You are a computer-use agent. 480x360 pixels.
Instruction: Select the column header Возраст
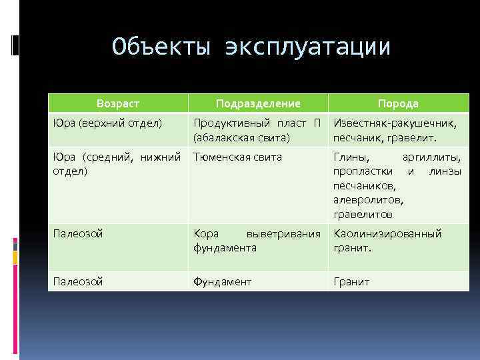[118, 103]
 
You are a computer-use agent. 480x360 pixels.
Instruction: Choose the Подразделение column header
[258, 103]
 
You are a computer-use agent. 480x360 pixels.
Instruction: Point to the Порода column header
[398, 103]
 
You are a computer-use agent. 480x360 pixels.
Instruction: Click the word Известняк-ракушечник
[395, 123]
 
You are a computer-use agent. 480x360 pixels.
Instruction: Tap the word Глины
[351, 157]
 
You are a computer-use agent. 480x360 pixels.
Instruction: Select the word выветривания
[284, 234]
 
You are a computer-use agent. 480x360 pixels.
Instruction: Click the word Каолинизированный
[387, 234]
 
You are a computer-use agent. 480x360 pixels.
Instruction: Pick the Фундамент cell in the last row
[223, 282]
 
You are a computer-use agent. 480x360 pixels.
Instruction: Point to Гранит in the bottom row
[351, 282]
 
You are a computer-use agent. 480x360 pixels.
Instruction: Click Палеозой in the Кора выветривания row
[79, 234]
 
